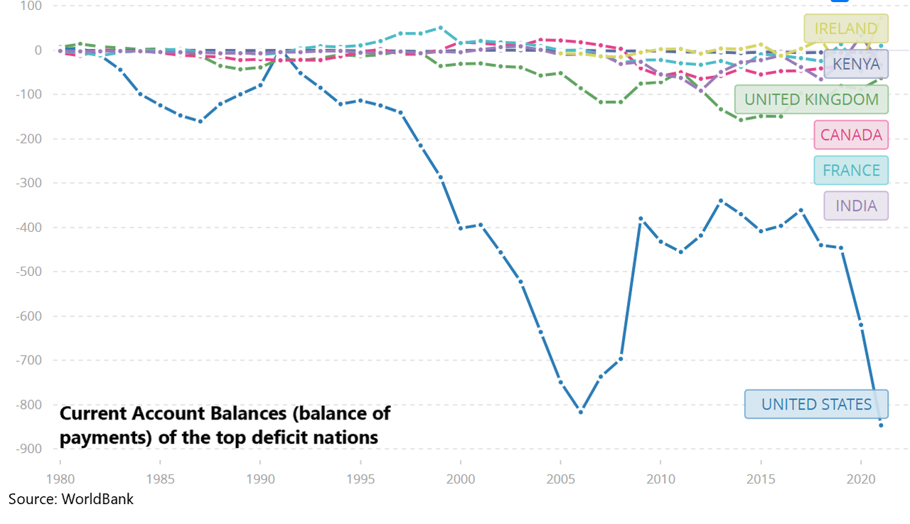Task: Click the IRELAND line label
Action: [846, 28]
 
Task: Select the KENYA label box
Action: [856, 64]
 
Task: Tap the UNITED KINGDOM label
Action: [811, 100]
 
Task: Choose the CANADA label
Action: [851, 135]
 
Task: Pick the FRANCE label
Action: [851, 171]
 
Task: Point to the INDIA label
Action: [856, 206]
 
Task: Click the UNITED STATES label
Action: [816, 405]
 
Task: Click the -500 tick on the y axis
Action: [28, 272]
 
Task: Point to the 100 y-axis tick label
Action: [30, 6]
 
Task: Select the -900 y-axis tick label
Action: [28, 449]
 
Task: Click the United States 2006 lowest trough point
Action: [581, 412]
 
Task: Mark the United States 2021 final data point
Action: [881, 425]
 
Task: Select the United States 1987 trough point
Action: [200, 122]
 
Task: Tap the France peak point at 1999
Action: [441, 28]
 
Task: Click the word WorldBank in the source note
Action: [97, 499]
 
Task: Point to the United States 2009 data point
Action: [641, 219]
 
